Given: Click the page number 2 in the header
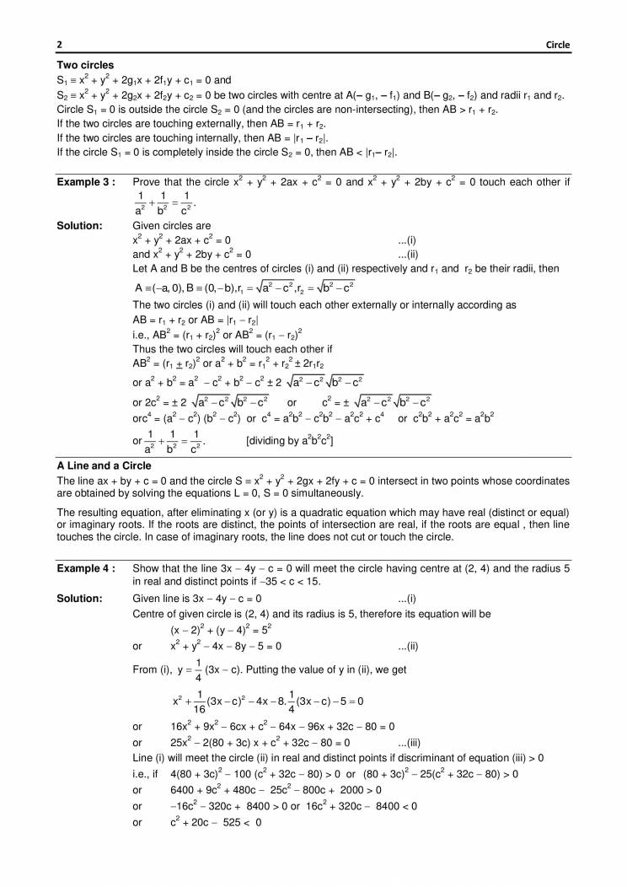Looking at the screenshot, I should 59,45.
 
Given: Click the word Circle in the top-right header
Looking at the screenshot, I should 556,45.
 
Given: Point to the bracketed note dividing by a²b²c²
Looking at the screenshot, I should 290,440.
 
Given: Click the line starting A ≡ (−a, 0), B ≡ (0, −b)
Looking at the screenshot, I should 244,287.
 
